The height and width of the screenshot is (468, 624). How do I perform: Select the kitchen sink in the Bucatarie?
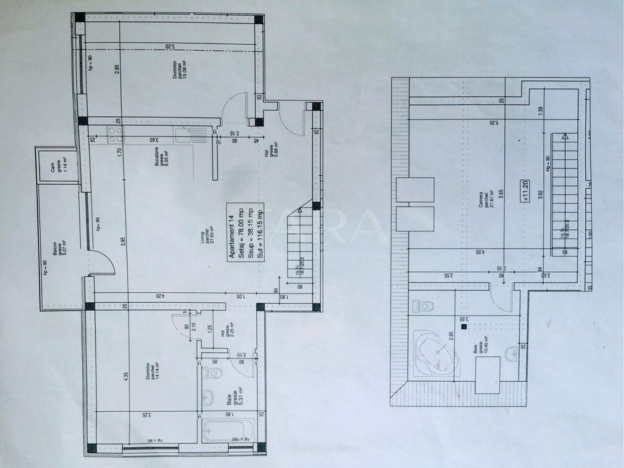pos(183,136)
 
